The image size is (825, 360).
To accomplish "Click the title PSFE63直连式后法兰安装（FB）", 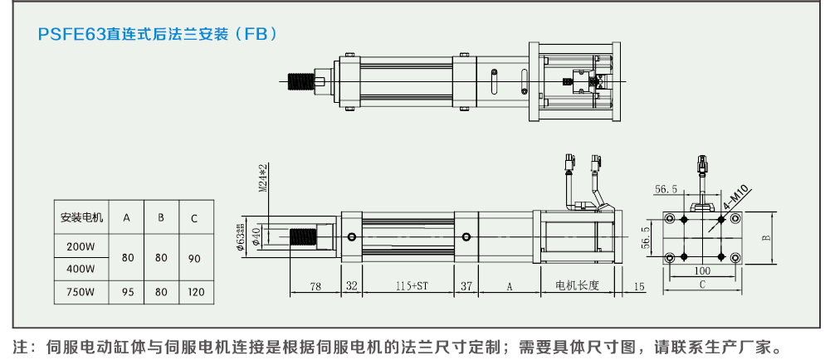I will [x=158, y=35].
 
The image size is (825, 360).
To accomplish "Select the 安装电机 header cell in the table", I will [x=81, y=218].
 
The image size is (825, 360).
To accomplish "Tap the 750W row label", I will [x=81, y=293].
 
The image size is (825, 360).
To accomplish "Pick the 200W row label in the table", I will [x=81, y=246].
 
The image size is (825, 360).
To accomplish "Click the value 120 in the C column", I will [x=194, y=293].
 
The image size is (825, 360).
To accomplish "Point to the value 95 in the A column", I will [x=127, y=293].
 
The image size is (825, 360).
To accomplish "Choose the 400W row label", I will [x=81, y=270].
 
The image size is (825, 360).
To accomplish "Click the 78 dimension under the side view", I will [x=315, y=286].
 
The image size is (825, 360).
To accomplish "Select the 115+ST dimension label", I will [x=411, y=286].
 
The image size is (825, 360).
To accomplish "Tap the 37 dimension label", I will [x=466, y=286].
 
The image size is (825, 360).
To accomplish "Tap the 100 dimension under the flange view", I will [x=703, y=271].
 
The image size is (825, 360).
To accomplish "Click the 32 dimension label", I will [x=351, y=286].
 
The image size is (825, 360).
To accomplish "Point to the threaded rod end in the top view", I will [x=298, y=81].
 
